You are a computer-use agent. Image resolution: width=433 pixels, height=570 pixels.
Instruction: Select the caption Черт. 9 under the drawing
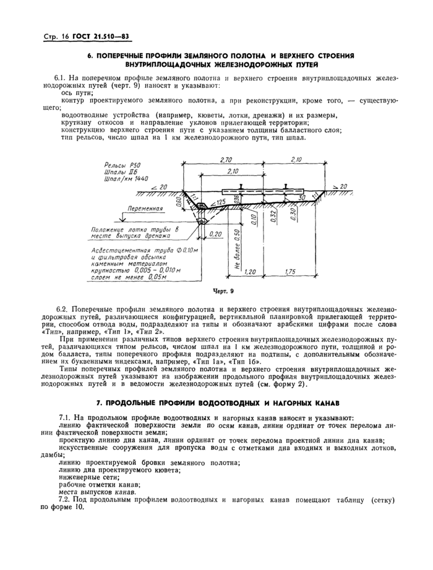tap(221, 288)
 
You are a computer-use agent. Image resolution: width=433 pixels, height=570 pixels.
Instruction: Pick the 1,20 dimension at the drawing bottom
tap(249, 270)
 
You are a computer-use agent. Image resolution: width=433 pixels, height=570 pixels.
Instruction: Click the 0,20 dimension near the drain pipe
tap(216, 235)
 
